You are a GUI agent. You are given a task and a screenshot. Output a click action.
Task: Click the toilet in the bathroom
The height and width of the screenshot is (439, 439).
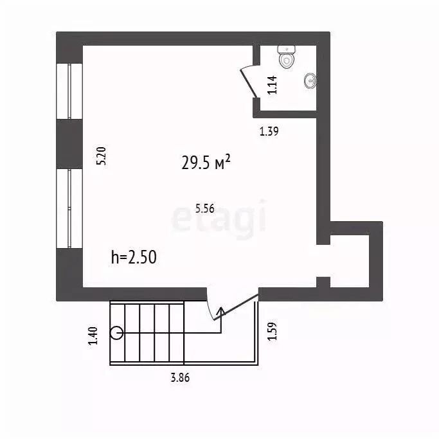287,57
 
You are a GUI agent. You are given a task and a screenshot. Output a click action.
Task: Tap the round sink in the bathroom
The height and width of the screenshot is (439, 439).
310,80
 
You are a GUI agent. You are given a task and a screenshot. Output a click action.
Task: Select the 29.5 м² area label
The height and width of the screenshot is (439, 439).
206,163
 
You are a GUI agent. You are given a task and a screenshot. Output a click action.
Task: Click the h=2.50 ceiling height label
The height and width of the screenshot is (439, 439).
134,258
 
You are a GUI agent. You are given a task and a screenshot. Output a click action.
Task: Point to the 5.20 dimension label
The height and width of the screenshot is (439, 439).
101,157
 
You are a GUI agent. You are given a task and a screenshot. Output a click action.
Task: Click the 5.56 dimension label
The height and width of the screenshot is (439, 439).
204,208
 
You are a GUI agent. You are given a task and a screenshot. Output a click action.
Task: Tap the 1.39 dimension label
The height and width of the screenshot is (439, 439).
269,132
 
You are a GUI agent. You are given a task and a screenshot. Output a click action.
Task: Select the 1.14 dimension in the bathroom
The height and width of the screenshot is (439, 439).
272,85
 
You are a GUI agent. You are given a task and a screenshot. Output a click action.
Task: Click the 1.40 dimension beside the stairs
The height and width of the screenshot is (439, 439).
93,336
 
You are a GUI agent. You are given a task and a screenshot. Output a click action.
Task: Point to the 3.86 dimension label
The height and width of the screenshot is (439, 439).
180,377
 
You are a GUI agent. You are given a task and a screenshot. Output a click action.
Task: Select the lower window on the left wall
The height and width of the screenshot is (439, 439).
69,208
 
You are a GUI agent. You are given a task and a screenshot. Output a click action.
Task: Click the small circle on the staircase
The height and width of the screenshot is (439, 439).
116,333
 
